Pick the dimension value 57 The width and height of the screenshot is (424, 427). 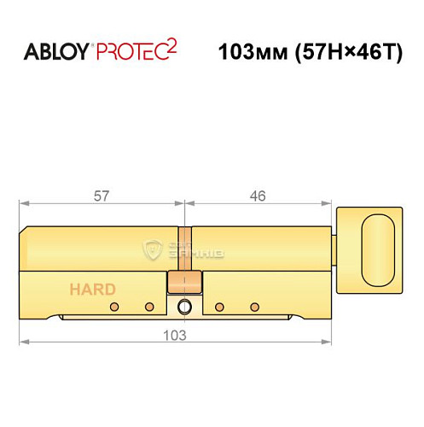point(102,196)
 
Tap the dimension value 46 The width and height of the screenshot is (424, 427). point(258,196)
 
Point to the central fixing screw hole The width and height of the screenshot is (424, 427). point(183,307)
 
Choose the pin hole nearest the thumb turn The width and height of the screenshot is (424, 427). point(253,307)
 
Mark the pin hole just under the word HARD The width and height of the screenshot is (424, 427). point(113,307)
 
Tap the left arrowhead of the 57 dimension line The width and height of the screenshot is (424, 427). point(22,204)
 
